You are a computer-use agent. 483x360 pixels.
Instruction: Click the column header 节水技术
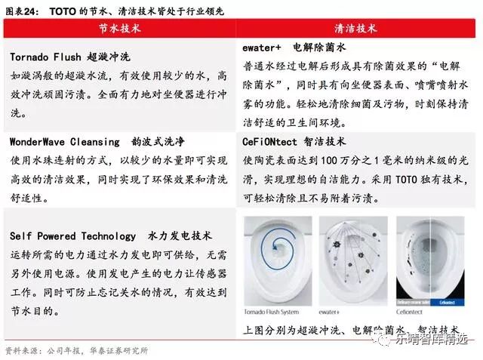pyautogui.click(x=120, y=28)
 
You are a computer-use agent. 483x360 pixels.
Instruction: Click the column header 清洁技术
pyautogui.click(x=357, y=28)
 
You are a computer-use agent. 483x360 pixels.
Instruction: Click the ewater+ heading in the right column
pyautogui.click(x=261, y=47)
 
